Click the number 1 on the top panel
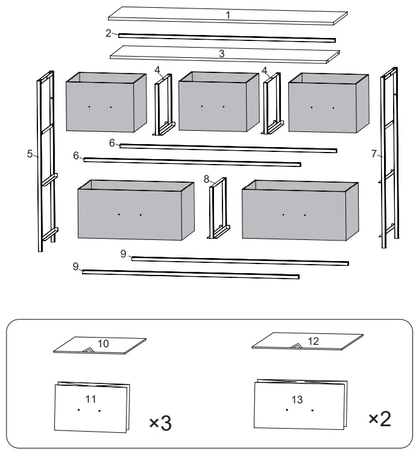(228, 15)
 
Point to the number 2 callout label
(109, 33)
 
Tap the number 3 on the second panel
(222, 54)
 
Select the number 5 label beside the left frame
(30, 154)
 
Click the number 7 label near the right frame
(374, 154)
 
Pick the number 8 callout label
(206, 179)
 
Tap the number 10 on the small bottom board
(103, 344)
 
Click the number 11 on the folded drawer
(90, 399)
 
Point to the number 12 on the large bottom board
(313, 341)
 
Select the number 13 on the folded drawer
(297, 400)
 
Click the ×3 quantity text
(160, 423)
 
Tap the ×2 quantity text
(379, 418)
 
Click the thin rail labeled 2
(226, 38)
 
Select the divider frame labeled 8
(218, 208)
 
